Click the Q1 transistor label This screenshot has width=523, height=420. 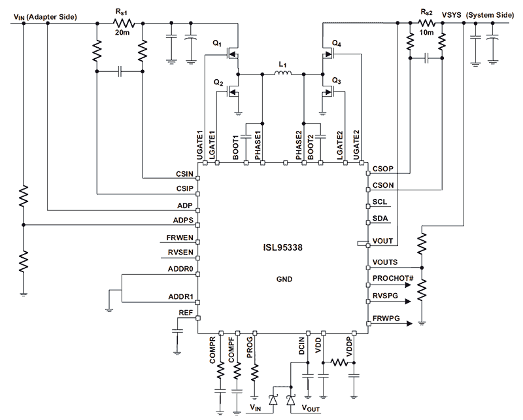point(217,44)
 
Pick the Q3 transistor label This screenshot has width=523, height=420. point(337,80)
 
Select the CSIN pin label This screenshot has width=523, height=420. point(184,175)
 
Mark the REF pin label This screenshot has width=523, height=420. point(186,314)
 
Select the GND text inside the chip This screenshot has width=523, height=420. point(282,279)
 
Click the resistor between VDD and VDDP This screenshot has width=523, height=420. point(339,362)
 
